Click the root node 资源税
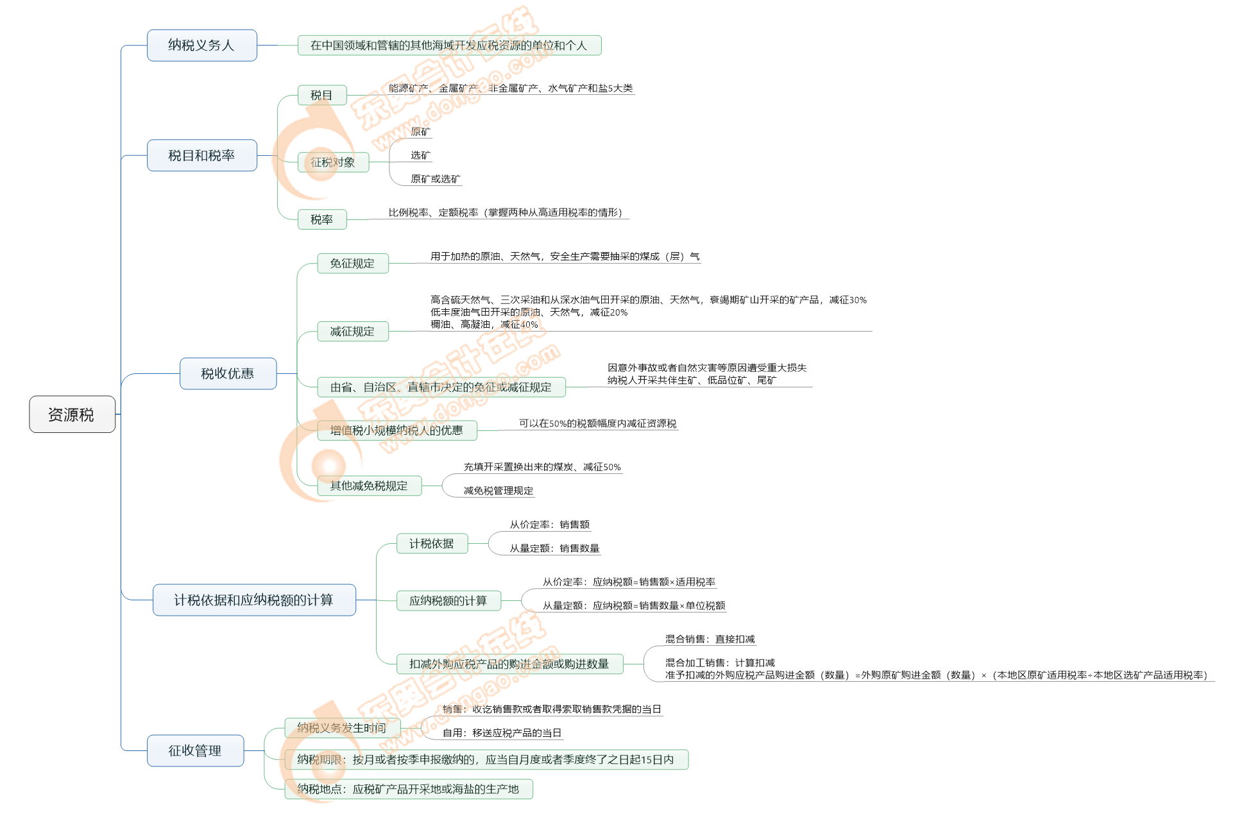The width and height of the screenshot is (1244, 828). click(x=72, y=414)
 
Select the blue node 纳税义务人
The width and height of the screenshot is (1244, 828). click(x=201, y=46)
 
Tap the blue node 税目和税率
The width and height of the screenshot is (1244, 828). click(x=201, y=155)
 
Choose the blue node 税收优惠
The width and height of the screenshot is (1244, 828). click(x=228, y=373)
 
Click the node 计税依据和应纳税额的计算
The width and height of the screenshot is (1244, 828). click(x=254, y=600)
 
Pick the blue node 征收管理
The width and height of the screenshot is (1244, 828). click(x=195, y=750)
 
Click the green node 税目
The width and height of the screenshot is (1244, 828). click(x=322, y=96)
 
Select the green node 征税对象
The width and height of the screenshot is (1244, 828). click(x=333, y=162)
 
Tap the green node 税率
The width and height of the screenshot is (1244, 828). click(x=322, y=219)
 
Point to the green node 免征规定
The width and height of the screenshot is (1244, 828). click(x=352, y=264)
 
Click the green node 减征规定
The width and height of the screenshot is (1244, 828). click(x=352, y=332)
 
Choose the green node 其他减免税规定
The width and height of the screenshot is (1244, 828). click(x=369, y=486)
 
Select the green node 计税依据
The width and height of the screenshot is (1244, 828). click(x=432, y=544)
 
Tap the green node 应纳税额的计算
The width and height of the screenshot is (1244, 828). click(x=448, y=601)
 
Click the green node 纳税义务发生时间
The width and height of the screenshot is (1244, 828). click(x=342, y=728)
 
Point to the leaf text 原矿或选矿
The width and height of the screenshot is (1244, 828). click(x=436, y=179)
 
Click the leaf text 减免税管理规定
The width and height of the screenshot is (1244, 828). click(x=498, y=491)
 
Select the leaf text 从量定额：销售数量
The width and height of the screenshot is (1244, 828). click(x=554, y=548)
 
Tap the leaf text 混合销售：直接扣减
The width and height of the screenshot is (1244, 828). click(x=710, y=639)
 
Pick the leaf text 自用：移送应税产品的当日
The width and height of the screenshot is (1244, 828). click(x=502, y=732)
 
